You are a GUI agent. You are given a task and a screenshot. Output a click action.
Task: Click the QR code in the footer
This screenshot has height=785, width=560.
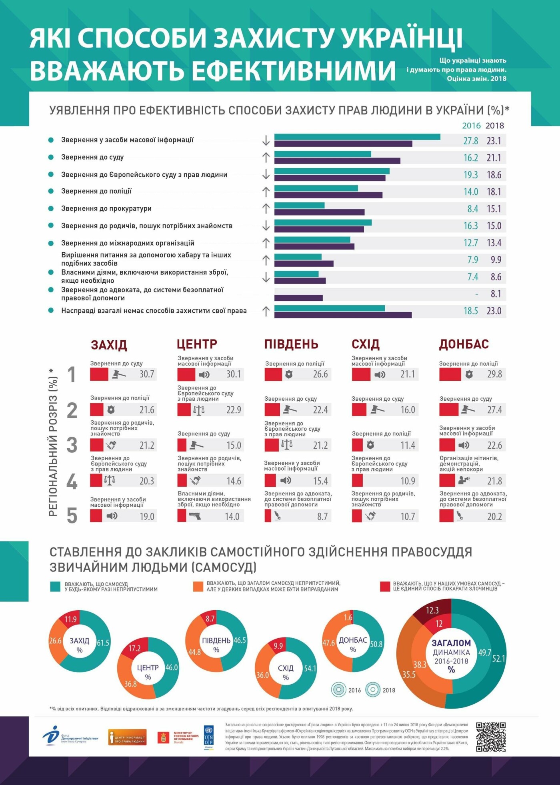coord(491,737)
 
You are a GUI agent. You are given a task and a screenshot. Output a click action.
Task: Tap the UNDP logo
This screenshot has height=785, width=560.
coord(209,736)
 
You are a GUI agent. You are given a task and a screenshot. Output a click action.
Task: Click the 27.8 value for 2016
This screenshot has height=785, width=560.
coord(471,141)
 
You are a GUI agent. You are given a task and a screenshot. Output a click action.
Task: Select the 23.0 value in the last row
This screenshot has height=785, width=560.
coord(494,311)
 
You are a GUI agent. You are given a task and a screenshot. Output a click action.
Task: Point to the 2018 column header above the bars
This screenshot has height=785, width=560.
coord(495,126)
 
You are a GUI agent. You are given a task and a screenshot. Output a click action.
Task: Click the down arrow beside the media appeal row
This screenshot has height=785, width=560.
coord(266,141)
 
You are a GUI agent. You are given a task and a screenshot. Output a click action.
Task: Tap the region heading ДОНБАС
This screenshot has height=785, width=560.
coord(464,344)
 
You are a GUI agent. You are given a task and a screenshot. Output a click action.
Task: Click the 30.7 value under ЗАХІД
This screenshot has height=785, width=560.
coord(147,374)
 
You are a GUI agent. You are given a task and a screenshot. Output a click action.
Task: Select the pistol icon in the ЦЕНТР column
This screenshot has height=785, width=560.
coord(195,516)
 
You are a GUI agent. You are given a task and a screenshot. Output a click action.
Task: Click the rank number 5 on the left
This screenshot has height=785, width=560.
coord(72,516)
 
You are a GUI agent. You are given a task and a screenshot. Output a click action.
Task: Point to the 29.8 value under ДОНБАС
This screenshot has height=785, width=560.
coord(494,374)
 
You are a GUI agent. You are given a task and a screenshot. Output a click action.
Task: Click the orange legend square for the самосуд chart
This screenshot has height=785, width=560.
coord(198,587)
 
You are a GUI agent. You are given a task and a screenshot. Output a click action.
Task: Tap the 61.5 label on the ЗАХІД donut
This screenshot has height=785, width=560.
coord(103,643)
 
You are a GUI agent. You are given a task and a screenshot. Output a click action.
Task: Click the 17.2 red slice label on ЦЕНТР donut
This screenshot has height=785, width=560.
coord(135,648)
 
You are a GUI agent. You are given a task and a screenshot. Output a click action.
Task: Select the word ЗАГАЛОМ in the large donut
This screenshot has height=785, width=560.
coord(451,643)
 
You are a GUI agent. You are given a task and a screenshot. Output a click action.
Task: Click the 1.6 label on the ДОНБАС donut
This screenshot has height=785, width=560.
coord(348,618)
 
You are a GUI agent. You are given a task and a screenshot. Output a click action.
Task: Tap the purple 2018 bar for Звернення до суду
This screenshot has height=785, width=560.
coord(337,161)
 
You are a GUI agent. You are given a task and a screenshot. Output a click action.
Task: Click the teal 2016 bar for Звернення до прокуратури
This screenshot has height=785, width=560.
coord(299,206)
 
